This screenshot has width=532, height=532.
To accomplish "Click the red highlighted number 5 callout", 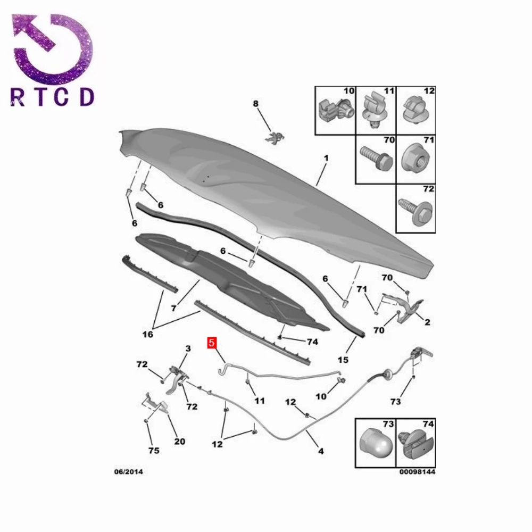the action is tap(212, 343).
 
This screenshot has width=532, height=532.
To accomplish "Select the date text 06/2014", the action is tap(129, 471).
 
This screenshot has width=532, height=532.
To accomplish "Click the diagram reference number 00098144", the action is tap(417, 471).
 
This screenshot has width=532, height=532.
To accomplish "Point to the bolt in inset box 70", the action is tap(376, 159).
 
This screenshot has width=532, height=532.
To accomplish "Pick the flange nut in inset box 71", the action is tap(415, 160).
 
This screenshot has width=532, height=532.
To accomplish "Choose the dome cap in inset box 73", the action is tap(375, 443).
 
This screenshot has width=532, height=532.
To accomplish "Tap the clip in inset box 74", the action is tap(416, 444).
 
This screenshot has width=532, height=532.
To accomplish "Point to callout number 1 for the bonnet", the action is tap(326, 158).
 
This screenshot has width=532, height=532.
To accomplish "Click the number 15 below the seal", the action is tap(343, 360).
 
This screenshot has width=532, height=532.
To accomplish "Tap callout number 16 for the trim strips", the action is tap(148, 335).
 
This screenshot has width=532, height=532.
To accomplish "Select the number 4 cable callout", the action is tap(321, 451).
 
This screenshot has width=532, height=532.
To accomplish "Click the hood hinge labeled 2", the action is tap(404, 307).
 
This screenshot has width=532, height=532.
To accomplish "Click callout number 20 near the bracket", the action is tap(180, 442).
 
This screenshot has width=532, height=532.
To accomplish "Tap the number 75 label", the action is tap(154, 451).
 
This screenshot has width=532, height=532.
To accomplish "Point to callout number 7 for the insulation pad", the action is tap(174, 309).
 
